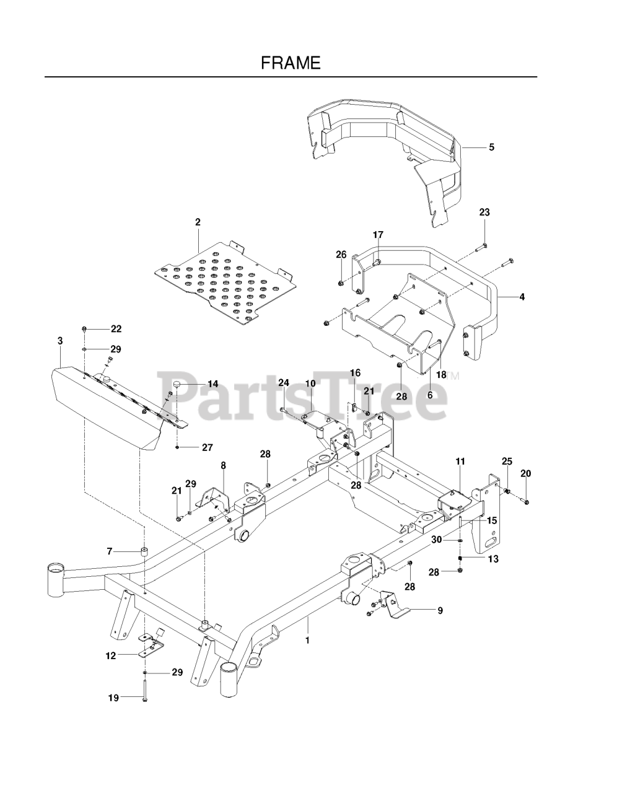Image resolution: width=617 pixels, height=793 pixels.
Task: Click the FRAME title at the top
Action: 291,63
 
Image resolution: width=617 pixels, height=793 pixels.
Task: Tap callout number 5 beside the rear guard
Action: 491,147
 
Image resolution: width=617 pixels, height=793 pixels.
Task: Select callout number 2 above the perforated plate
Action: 198,222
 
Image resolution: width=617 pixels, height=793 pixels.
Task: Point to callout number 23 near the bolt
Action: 484,212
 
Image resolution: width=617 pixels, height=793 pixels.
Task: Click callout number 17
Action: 378,235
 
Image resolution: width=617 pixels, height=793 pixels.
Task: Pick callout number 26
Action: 341,255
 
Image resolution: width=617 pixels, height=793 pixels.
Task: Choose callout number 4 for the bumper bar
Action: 522,297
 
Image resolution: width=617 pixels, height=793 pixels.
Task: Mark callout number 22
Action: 116,329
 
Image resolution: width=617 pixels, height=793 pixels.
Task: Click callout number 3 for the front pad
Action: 60,341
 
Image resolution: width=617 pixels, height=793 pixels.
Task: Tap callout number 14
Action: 212,384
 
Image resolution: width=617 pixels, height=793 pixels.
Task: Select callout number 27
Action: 208,447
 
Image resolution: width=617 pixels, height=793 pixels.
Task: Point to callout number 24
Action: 284,383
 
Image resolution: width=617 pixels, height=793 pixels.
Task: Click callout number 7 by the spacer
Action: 110,551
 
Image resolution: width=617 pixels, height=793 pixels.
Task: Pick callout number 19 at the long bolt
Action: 113,698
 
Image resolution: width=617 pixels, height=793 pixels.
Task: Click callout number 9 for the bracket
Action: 440,610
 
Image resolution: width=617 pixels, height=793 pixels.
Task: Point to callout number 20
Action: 526,473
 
